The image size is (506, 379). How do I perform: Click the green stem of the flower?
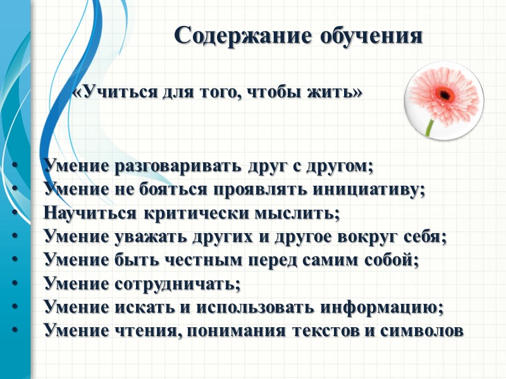430,126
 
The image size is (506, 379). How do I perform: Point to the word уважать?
145,237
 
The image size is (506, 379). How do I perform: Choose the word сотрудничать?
178,284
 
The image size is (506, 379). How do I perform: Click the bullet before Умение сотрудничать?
14,284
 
